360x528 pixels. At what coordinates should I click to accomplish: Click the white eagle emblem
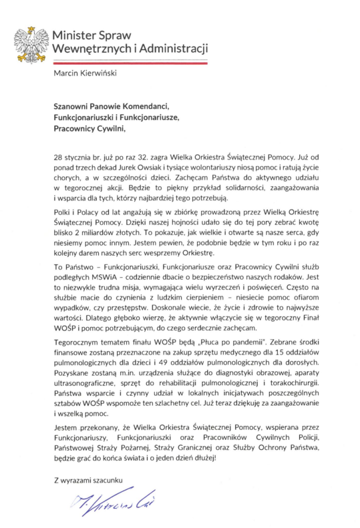tap(31, 42)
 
